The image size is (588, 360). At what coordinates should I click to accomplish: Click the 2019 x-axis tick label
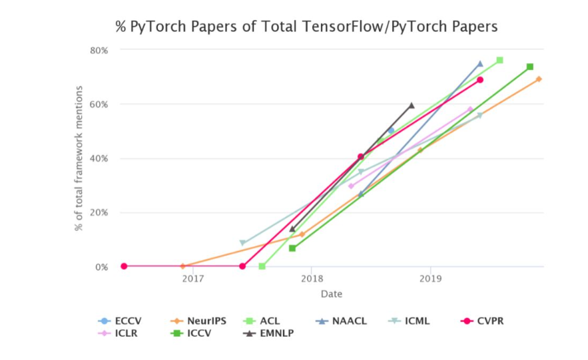coord(431,279)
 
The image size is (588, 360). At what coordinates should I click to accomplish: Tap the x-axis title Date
coord(331,293)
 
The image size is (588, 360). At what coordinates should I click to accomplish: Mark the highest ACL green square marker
coord(499,60)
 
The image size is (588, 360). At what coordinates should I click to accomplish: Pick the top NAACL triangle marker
coord(480,64)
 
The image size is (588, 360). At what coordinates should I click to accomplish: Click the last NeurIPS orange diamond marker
coord(539,79)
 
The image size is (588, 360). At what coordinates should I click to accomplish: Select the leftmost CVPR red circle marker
coord(124,266)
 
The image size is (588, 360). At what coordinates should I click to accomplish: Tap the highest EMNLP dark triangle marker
coord(412,105)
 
